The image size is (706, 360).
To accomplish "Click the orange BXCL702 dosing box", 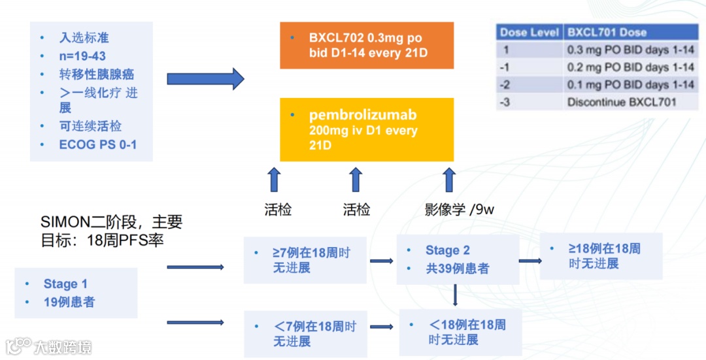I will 367,45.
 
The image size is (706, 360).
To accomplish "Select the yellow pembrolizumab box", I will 367,129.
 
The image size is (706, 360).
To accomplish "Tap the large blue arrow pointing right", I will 205,78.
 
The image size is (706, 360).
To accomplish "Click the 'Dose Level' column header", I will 529,33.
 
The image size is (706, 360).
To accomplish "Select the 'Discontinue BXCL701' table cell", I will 622,102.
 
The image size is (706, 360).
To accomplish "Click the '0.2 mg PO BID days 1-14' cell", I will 630,67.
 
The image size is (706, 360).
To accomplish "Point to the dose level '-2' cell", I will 505,85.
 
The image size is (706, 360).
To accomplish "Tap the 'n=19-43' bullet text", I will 82,56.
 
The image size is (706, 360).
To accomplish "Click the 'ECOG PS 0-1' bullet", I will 98,144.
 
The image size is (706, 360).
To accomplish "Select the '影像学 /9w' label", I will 460,210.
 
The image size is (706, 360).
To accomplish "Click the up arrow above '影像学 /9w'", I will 449,179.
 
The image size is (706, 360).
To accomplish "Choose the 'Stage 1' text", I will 65,284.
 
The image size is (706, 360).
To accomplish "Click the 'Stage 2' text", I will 448,250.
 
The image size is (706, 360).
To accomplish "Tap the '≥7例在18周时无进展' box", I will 305,259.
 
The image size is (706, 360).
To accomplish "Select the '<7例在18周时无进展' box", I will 305,333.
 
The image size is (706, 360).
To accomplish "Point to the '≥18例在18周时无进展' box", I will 601,256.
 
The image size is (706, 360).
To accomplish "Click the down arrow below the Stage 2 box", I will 456,296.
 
